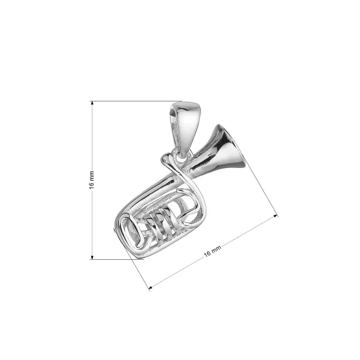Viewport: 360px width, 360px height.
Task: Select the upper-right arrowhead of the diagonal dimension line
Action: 277,214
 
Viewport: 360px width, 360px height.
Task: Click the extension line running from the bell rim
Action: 261,189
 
